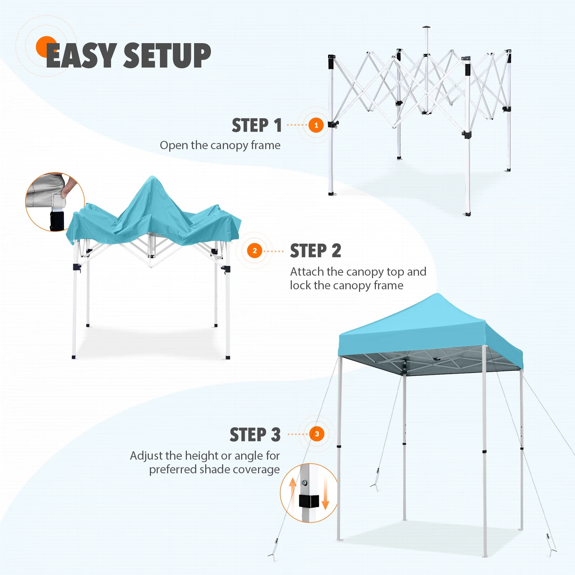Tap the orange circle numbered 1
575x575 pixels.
[x=316, y=125]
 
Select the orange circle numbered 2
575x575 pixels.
[x=255, y=250]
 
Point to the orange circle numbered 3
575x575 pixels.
[x=317, y=434]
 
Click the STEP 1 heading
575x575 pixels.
[x=257, y=125]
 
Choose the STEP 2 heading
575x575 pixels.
[x=316, y=250]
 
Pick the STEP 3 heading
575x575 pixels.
[x=255, y=434]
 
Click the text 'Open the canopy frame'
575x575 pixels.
[x=220, y=145]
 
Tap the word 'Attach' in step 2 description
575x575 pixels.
[x=307, y=272]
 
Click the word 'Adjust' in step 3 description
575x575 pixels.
[x=147, y=456]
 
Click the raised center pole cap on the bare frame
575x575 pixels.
[x=426, y=27]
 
